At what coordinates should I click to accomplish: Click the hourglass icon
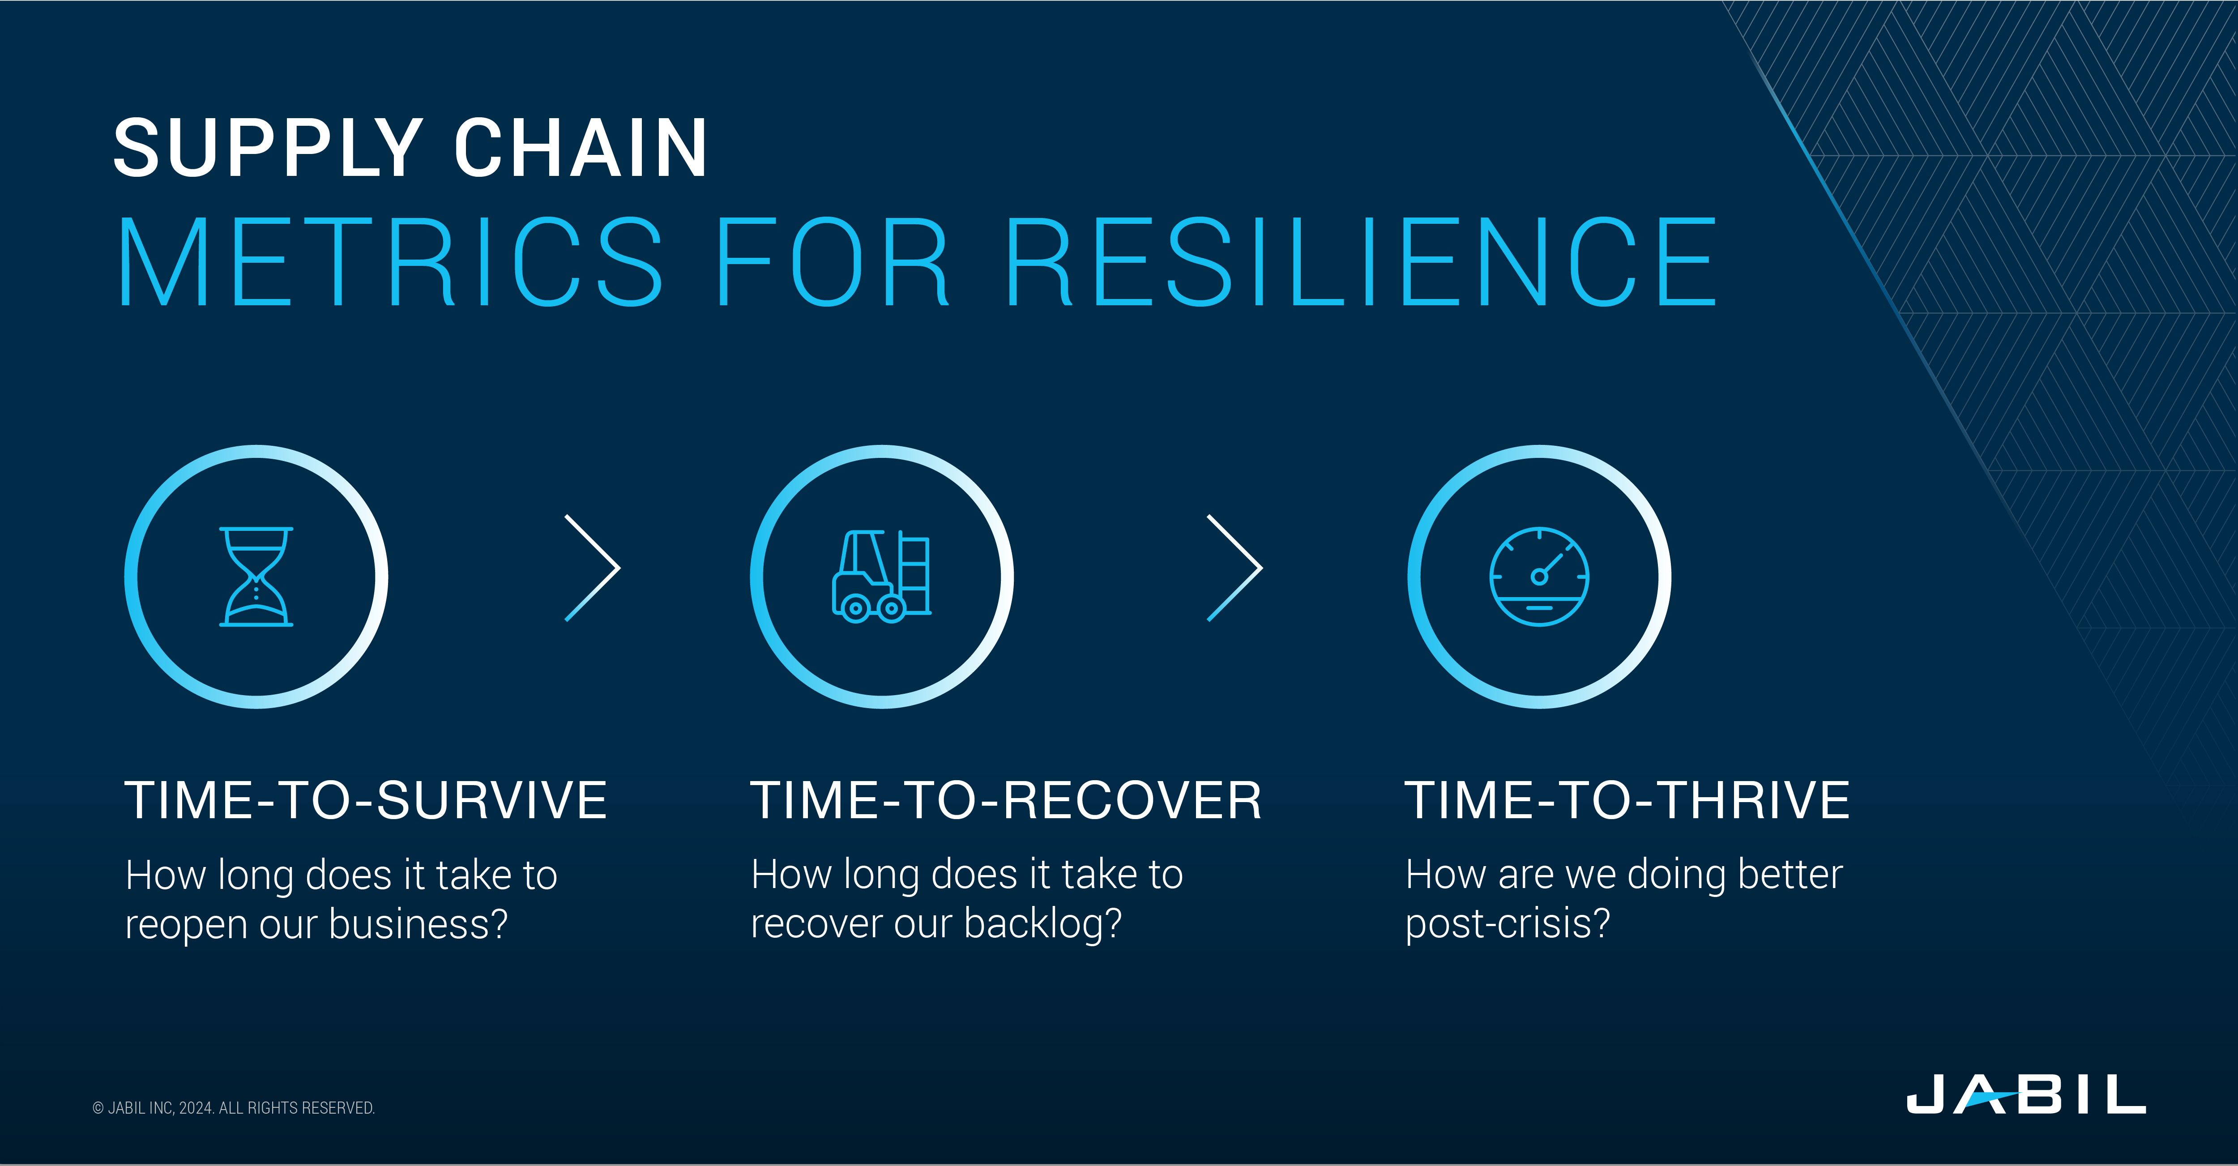[x=256, y=576]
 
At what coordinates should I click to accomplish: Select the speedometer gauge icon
[x=1539, y=576]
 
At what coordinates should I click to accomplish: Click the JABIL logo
[x=2026, y=1094]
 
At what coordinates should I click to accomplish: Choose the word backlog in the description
[x=1042, y=923]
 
